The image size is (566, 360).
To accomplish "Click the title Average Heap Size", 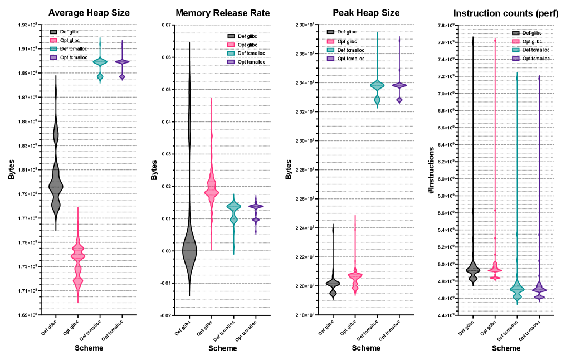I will [89, 13].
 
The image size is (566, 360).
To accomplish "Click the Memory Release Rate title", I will [223, 13].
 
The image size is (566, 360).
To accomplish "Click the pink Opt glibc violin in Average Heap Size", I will [78, 262].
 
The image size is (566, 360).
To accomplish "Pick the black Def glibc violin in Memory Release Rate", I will [189, 251].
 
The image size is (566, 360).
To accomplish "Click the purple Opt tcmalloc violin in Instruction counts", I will [539, 289].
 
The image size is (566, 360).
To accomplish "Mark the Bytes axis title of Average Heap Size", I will [12, 171].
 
